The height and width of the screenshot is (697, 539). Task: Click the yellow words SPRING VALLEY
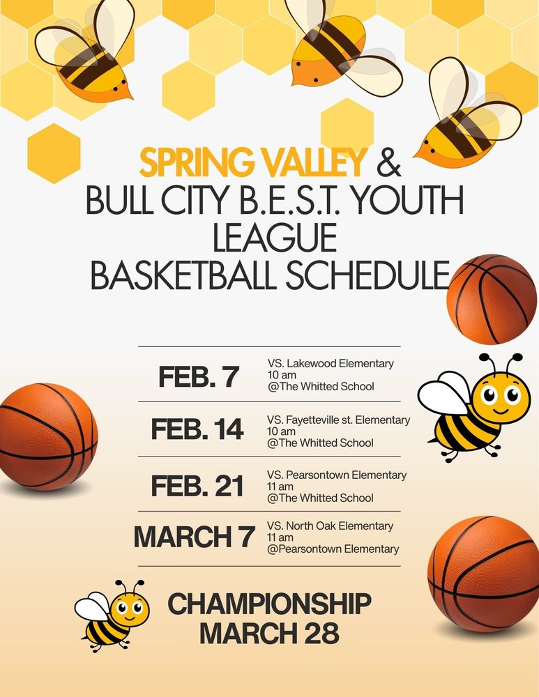(252, 162)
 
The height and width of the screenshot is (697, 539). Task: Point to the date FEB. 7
(199, 376)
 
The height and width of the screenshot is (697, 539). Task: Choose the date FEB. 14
(197, 429)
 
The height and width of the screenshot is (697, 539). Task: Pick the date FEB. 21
(197, 485)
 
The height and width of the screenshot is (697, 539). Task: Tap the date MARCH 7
(195, 537)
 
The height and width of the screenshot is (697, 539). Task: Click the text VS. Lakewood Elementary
(331, 363)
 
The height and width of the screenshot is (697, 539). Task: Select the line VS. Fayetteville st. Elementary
(338, 420)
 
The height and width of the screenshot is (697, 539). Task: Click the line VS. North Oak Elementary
(330, 526)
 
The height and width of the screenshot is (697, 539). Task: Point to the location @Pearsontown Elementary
(333, 549)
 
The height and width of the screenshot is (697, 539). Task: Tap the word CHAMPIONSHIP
(269, 604)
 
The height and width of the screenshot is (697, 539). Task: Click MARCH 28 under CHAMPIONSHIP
(269, 634)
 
